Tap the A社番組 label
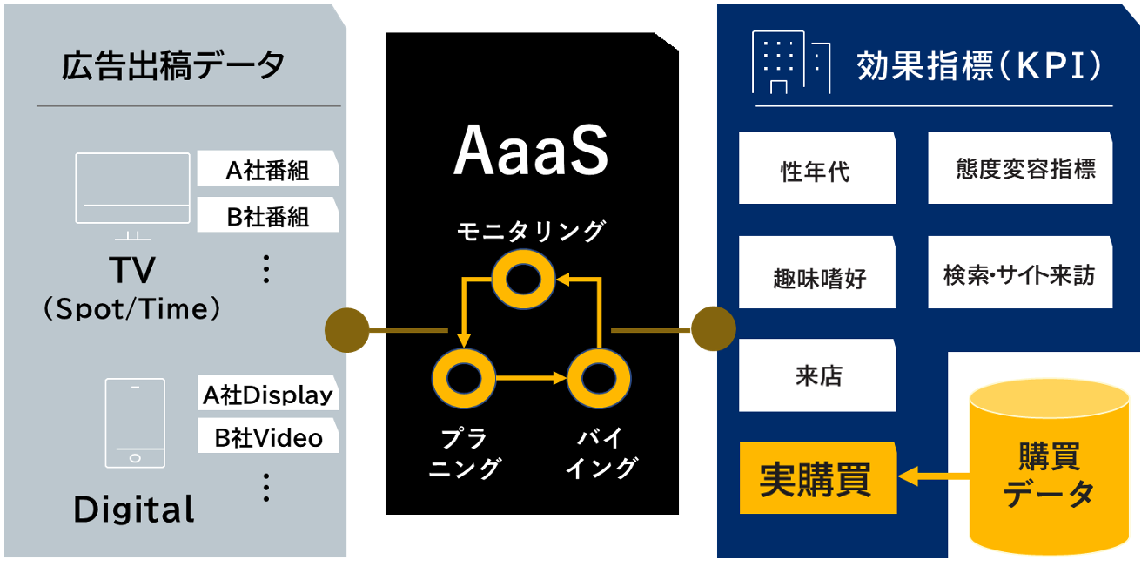click(267, 169)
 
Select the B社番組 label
click(267, 215)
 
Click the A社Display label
click(267, 395)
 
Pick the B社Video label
click(267, 437)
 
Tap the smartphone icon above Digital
click(135, 422)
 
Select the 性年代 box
click(816, 169)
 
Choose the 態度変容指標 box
click(1019, 168)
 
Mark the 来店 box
click(816, 375)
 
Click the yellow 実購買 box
click(816, 478)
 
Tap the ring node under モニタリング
click(525, 280)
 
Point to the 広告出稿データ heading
click(174, 66)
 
